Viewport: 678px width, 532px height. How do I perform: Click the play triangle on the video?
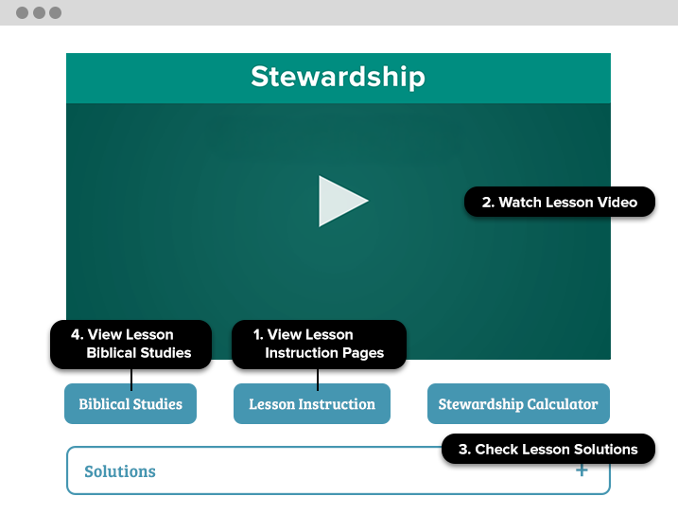coord(339,201)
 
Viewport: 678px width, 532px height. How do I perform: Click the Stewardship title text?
coord(339,77)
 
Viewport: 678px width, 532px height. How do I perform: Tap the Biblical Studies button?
coord(130,403)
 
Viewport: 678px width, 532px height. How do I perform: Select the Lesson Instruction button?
coord(312,403)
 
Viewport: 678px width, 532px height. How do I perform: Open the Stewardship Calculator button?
coord(518,403)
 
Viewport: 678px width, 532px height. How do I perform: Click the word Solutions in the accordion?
coord(120,471)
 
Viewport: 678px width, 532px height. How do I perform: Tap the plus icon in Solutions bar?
coord(582,470)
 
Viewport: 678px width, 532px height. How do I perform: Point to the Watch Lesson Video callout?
coord(560,202)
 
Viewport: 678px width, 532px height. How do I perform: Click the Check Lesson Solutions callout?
coord(548,449)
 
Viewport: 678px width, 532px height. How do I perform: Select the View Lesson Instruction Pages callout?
coord(319,345)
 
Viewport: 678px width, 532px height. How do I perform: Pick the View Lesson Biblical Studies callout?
coord(131,345)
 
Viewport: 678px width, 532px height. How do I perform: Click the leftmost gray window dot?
coord(22,13)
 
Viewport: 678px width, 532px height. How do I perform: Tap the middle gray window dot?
coord(39,13)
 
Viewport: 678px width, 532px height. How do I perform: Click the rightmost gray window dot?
coord(56,13)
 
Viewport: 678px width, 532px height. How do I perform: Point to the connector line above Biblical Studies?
coord(131,380)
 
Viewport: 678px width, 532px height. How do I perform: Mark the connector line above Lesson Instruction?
coord(318,380)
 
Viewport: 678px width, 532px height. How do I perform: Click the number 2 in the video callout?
coord(488,203)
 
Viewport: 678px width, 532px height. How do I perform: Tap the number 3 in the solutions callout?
coord(464,450)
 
